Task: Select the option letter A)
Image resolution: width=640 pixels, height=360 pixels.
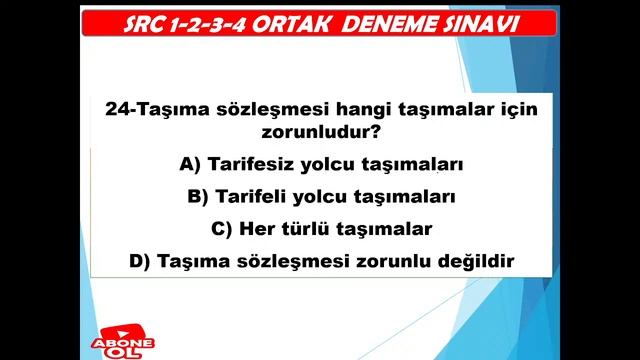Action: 190,164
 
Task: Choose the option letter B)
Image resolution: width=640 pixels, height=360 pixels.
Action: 199,196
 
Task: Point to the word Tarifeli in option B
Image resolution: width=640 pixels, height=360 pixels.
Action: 254,196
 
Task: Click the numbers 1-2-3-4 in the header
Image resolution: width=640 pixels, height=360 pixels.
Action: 229,23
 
